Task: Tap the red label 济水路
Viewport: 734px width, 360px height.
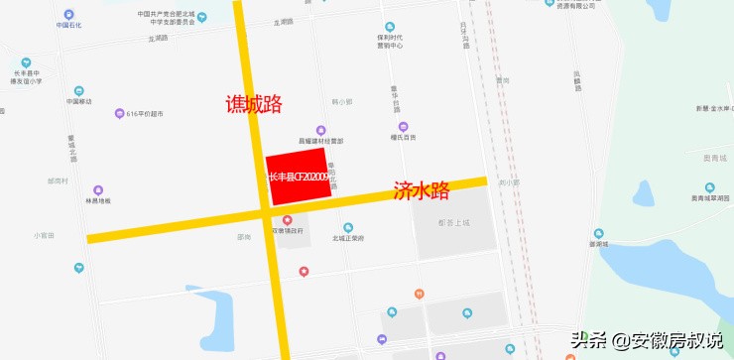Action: pos(422,190)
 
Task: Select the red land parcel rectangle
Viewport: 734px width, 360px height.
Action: pos(297,178)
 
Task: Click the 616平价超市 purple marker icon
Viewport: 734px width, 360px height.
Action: pos(120,114)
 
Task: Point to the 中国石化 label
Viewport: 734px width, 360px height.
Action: pos(68,24)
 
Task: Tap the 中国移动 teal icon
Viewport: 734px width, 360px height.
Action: pos(80,88)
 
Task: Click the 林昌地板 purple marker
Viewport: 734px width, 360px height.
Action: pos(98,190)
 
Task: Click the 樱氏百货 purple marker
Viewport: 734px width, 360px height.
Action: pos(404,126)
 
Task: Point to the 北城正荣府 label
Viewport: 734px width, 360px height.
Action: pos(349,239)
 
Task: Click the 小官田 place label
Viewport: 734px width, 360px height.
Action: pos(44,235)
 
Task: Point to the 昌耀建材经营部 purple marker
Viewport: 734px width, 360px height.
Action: pos(320,130)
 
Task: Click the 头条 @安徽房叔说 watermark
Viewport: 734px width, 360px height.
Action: pos(646,340)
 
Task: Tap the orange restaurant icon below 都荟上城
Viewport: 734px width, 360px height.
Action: pos(420,293)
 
